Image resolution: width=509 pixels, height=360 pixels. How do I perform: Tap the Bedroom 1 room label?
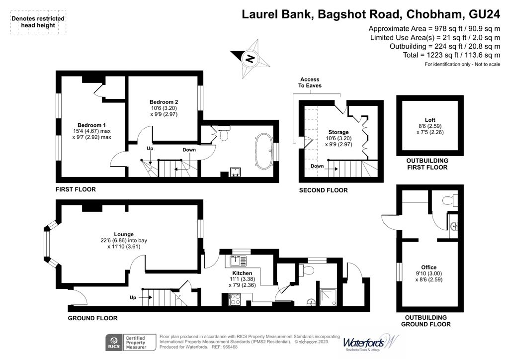(91, 125)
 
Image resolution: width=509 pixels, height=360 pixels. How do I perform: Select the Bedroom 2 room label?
(164, 102)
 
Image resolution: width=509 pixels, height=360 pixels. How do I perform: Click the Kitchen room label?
(242, 273)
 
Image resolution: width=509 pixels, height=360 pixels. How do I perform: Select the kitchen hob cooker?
(235, 299)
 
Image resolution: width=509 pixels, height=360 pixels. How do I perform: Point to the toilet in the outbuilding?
(450, 201)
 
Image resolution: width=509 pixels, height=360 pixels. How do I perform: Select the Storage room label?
(324, 132)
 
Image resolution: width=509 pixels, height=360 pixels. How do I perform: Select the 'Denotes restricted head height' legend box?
(38, 22)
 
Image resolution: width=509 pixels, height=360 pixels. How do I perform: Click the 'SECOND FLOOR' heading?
(323, 190)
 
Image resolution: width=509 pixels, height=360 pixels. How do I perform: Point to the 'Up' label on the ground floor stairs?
(133, 297)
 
